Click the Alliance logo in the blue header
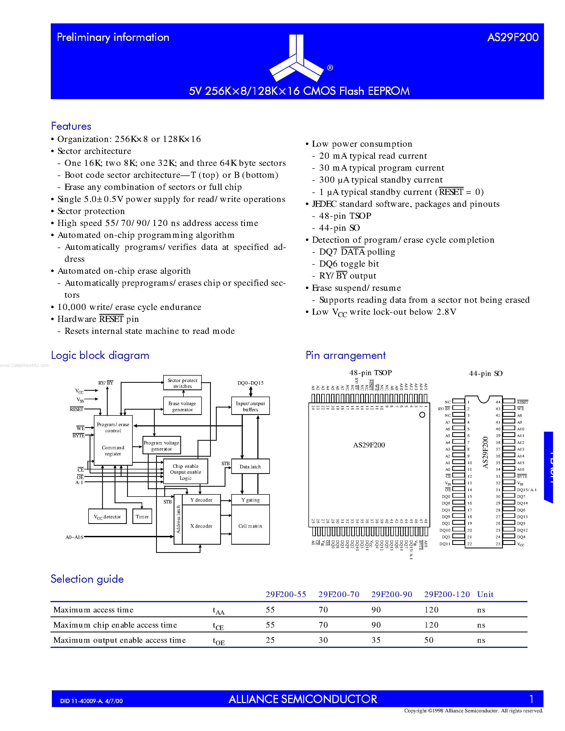[x=296, y=58]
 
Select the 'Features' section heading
[x=71, y=126]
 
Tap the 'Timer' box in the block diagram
[x=142, y=516]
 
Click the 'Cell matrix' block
[x=250, y=526]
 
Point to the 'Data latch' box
[x=250, y=467]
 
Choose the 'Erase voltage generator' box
[x=182, y=406]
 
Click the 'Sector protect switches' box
[x=182, y=383]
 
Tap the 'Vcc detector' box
[x=107, y=516]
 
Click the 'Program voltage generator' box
[x=162, y=446]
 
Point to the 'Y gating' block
[x=250, y=500]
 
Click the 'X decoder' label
[x=201, y=526]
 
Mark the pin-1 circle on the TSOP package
[x=422, y=415]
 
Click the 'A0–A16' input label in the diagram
[x=74, y=537]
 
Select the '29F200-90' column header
[x=392, y=594]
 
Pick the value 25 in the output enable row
[x=270, y=640]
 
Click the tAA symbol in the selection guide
[x=218, y=611]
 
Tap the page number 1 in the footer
[x=531, y=699]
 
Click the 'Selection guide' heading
[x=87, y=579]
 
